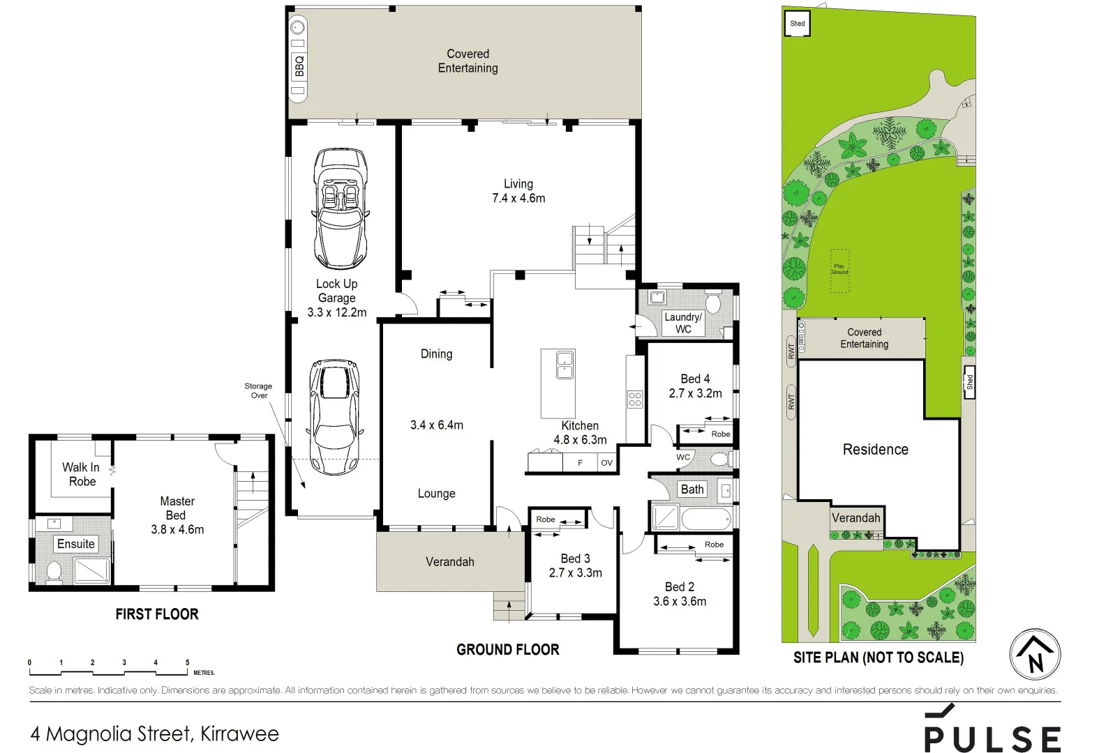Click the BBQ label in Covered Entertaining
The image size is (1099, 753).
(x=299, y=66)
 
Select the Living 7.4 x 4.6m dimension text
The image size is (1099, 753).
(x=518, y=198)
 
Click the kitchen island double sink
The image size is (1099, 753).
(x=565, y=365)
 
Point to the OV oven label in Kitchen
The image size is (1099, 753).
(x=606, y=463)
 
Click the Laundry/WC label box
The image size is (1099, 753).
(x=683, y=323)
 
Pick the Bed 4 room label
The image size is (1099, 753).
(x=695, y=379)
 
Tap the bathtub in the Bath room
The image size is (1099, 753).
(x=705, y=519)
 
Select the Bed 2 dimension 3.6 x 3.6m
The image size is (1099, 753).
(x=680, y=601)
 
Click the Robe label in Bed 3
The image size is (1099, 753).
(x=546, y=519)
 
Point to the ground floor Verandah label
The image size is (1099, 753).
(x=450, y=562)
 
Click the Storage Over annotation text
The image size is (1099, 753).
(x=258, y=390)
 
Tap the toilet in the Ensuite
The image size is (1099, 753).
(x=54, y=572)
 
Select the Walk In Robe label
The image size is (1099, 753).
(x=82, y=474)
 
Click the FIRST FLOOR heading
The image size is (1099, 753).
(x=157, y=614)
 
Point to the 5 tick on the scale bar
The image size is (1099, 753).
(x=187, y=663)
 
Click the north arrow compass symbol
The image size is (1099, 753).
(x=1035, y=655)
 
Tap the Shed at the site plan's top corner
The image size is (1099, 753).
(x=797, y=24)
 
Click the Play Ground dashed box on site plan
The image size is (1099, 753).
(x=839, y=270)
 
